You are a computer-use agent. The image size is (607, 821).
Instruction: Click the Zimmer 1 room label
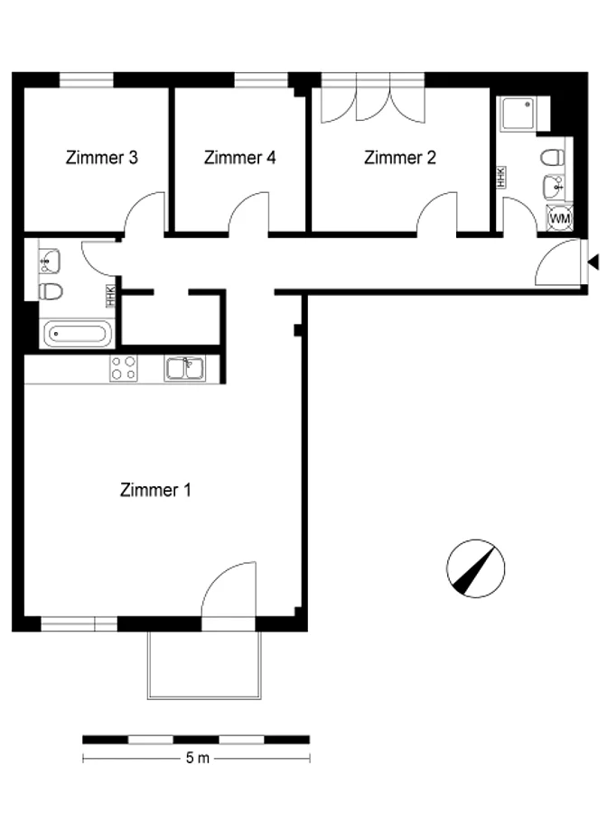(x=155, y=490)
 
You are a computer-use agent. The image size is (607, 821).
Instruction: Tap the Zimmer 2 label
(x=400, y=157)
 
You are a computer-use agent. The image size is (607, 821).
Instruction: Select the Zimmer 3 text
(x=102, y=157)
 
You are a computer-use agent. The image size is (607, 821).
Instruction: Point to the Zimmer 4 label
(x=240, y=157)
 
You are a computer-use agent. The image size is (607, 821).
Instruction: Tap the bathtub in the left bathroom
(x=78, y=334)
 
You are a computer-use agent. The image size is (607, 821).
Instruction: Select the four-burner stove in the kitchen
(x=124, y=368)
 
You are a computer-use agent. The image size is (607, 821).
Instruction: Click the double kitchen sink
(x=185, y=368)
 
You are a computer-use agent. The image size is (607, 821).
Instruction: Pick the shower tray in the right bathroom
(x=518, y=114)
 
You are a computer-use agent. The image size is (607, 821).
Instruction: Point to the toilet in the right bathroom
(x=553, y=156)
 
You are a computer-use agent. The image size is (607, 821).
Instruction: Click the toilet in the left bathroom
(x=51, y=291)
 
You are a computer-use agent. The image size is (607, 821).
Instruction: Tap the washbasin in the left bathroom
(x=50, y=261)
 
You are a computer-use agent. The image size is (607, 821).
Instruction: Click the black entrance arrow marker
(x=593, y=262)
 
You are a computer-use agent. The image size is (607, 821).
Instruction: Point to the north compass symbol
(x=475, y=568)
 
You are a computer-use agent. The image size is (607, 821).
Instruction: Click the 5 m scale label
(x=198, y=758)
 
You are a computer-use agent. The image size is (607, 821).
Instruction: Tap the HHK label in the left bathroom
(x=110, y=296)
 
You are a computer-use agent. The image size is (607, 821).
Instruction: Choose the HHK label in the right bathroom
(x=501, y=177)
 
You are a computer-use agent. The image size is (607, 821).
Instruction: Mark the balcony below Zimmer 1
(x=204, y=665)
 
